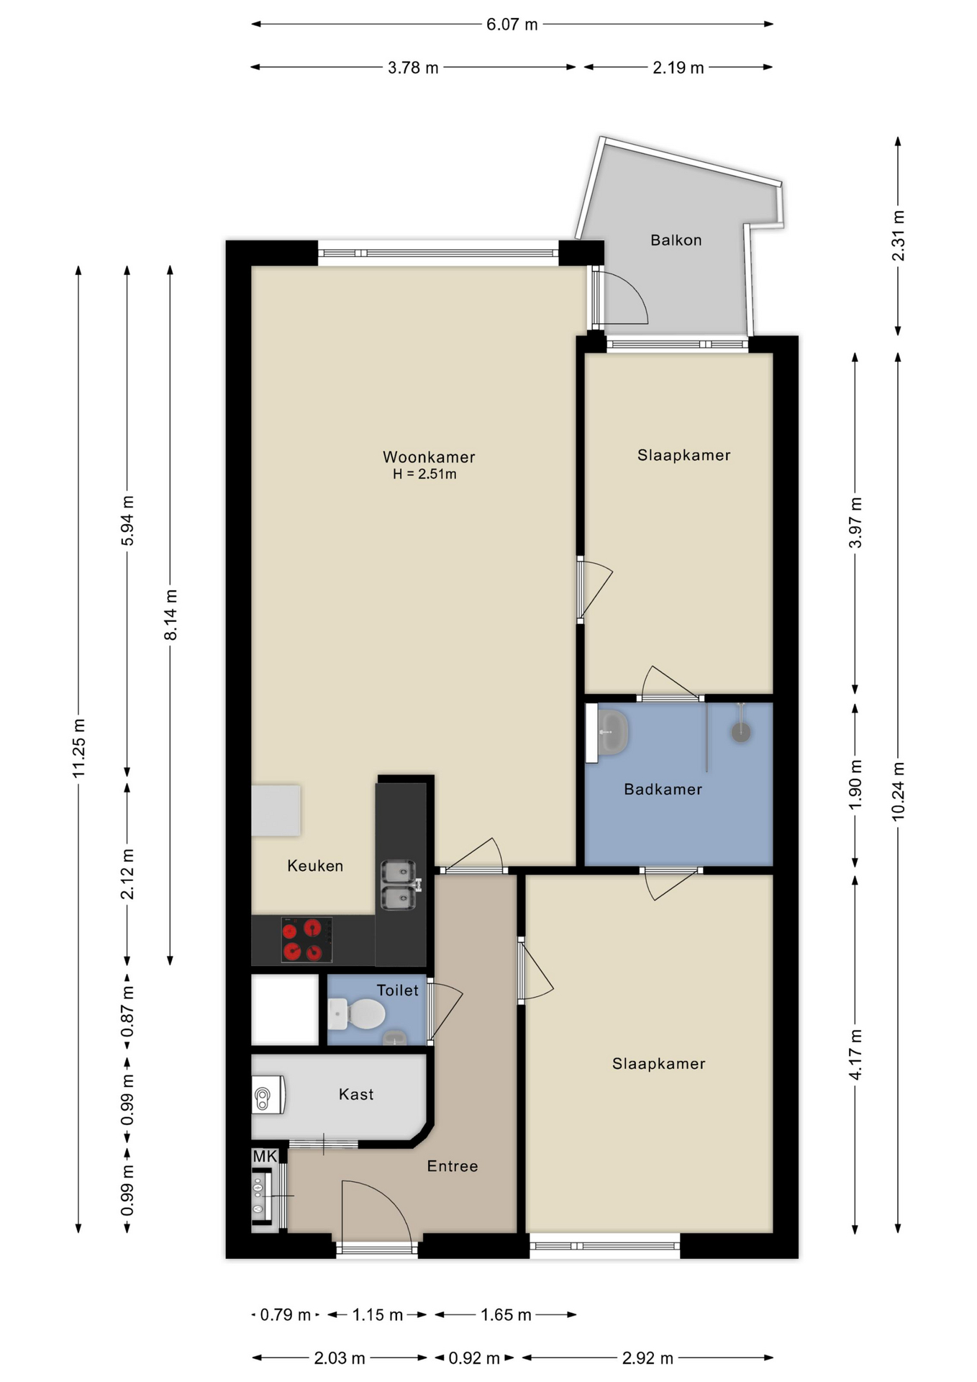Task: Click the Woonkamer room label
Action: (x=428, y=457)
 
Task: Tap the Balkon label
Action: (x=676, y=240)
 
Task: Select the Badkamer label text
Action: (x=663, y=790)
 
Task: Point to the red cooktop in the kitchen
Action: (x=306, y=940)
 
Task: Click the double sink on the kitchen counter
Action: (x=398, y=885)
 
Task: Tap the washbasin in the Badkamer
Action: (x=612, y=732)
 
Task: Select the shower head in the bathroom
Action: (x=741, y=732)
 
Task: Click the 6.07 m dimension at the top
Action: (x=512, y=24)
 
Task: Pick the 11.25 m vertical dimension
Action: (x=79, y=747)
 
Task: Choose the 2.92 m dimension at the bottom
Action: (x=647, y=1358)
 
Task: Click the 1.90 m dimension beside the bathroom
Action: (x=855, y=785)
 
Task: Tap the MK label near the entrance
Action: (x=265, y=1157)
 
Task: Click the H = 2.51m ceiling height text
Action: (x=424, y=474)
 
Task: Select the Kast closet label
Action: (x=356, y=1095)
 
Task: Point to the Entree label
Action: (x=452, y=1167)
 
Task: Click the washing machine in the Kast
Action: (x=268, y=1095)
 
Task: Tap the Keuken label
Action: (x=315, y=866)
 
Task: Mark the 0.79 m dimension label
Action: (x=285, y=1315)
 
